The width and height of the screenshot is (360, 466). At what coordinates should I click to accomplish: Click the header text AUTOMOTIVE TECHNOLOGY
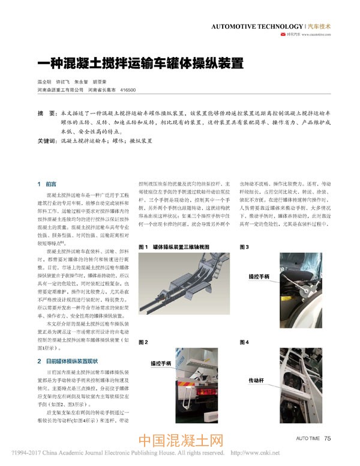coord(257,26)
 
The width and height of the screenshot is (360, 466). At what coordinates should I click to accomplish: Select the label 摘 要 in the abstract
coord(46,113)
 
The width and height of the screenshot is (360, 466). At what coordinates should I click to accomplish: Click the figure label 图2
coord(143,342)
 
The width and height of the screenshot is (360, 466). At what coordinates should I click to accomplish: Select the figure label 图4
coord(244,342)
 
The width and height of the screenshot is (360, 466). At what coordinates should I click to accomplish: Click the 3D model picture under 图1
coord(183,288)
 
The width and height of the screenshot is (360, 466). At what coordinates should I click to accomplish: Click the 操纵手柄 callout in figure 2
coord(161,364)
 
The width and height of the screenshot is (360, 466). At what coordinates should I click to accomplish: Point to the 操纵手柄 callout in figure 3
coord(259,277)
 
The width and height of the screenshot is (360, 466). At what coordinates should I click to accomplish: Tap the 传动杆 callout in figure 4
coord(258,380)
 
